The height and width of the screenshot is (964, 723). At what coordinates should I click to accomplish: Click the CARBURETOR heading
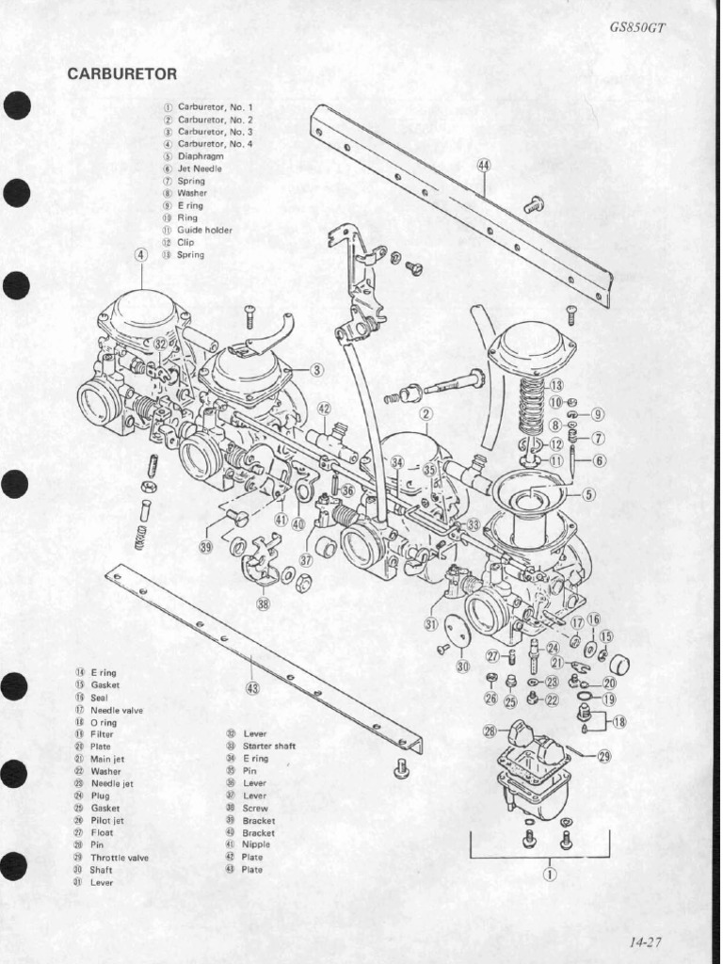coord(122,74)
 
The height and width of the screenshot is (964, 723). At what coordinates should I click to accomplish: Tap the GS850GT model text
coord(638,27)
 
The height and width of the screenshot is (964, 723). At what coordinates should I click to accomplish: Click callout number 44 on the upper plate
coord(484,165)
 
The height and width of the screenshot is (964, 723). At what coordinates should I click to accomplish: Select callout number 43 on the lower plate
coord(252,688)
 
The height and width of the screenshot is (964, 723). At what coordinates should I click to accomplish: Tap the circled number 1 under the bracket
coord(548,873)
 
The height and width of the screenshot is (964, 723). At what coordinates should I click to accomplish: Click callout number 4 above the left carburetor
coord(141,254)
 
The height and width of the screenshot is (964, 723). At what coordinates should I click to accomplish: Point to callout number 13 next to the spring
coord(555,385)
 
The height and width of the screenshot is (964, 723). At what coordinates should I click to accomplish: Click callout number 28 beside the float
coord(490,731)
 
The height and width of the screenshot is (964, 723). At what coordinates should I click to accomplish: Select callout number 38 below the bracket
coord(263,603)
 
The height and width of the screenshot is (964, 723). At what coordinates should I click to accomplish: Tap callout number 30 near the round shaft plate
coord(462,666)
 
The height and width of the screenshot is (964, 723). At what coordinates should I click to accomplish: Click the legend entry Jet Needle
coord(200,169)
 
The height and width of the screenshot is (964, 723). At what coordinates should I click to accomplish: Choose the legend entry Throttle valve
coord(119,858)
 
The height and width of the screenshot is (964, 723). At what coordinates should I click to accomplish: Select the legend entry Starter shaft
coord(269,746)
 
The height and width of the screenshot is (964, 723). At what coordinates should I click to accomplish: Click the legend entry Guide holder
coord(204,230)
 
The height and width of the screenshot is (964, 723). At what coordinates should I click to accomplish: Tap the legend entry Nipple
coord(256,844)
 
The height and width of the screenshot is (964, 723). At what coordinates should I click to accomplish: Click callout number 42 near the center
coord(324,409)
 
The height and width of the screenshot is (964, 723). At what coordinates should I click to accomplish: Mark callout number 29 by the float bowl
coord(603,756)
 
